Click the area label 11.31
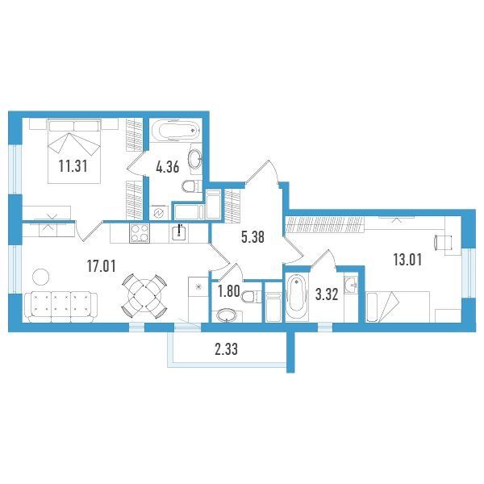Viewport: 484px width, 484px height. tap(73, 166)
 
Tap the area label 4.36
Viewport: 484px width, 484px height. tap(168, 167)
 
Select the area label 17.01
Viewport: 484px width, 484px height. tap(102, 266)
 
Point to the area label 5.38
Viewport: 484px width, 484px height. tap(252, 237)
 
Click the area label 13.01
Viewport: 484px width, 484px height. tap(407, 260)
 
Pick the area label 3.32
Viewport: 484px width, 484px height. tap(327, 294)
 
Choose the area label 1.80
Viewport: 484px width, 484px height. tap(229, 291)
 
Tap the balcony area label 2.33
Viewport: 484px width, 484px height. tap(226, 350)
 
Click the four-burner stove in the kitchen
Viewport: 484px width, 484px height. tap(140, 233)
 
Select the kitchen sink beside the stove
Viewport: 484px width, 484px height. tap(179, 233)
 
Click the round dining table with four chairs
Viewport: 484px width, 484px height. tap(144, 296)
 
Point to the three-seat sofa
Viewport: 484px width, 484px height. tap(60, 307)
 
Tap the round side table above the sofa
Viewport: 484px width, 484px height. tap(41, 277)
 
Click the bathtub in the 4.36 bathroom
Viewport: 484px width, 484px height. tap(176, 130)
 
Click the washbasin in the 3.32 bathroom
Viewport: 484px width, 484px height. tap(351, 283)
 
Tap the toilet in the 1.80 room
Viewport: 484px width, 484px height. tap(252, 297)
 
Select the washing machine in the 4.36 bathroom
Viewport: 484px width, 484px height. tap(159, 213)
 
